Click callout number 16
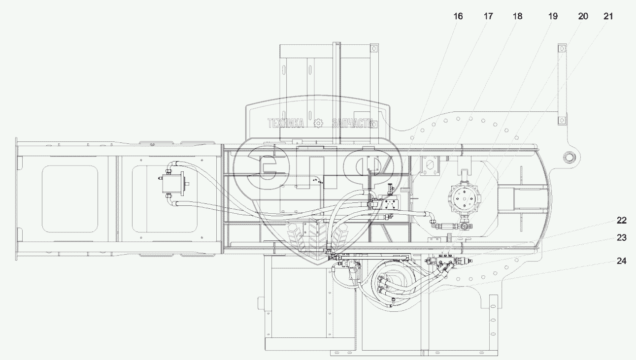(458, 16)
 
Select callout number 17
(488, 16)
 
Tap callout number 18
(518, 16)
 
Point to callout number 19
(553, 16)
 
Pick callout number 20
(583, 16)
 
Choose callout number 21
(608, 16)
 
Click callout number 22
(622, 220)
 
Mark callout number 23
(622, 238)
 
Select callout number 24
(622, 261)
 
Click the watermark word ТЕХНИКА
(286, 123)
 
